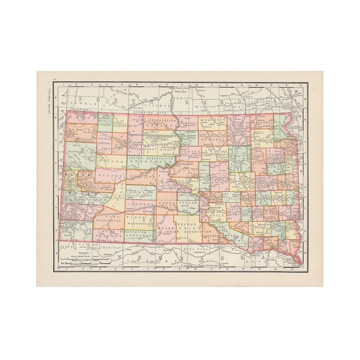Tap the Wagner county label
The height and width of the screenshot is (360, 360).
[x=120, y=128]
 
